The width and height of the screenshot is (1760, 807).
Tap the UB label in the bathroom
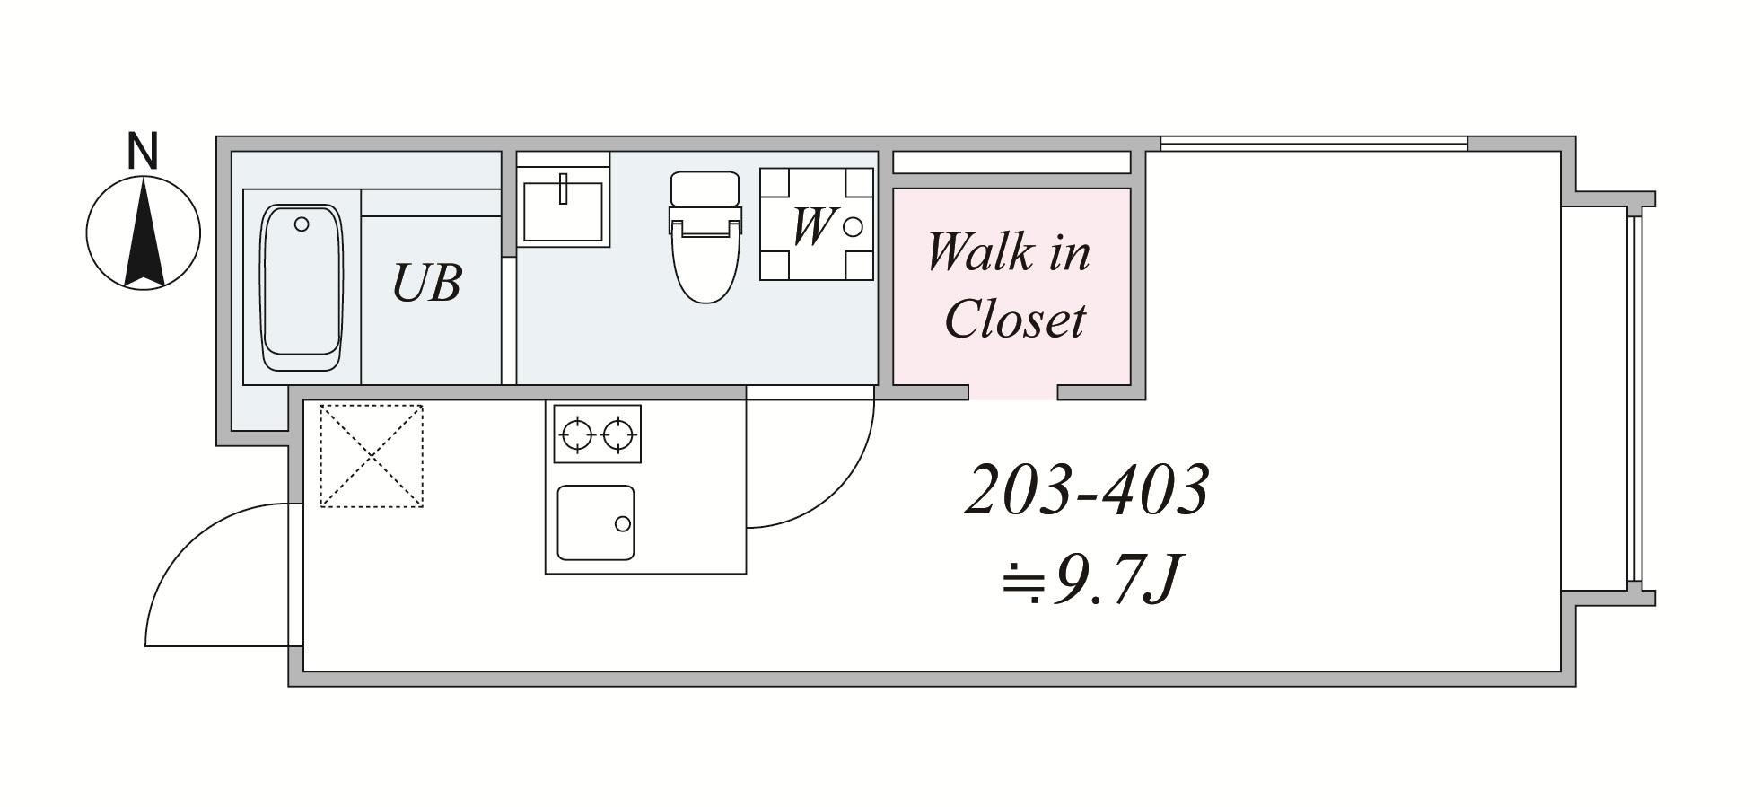point(426,282)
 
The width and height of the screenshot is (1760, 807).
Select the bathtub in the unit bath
point(302,287)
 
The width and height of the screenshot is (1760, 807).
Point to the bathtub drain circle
point(302,224)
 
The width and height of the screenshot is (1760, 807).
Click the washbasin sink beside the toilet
point(563,211)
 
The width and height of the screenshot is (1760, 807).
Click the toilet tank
point(705,189)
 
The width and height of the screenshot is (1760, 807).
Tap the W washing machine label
point(811,225)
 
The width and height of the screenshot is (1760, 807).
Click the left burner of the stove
point(576,434)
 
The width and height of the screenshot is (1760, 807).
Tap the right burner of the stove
point(618,434)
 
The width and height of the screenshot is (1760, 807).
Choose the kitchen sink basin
point(595,522)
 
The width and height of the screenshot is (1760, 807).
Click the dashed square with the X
point(372,456)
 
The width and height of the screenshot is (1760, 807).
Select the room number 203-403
point(1087,490)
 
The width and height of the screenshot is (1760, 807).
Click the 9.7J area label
point(1092,580)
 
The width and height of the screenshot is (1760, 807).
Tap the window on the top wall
point(1314,143)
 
